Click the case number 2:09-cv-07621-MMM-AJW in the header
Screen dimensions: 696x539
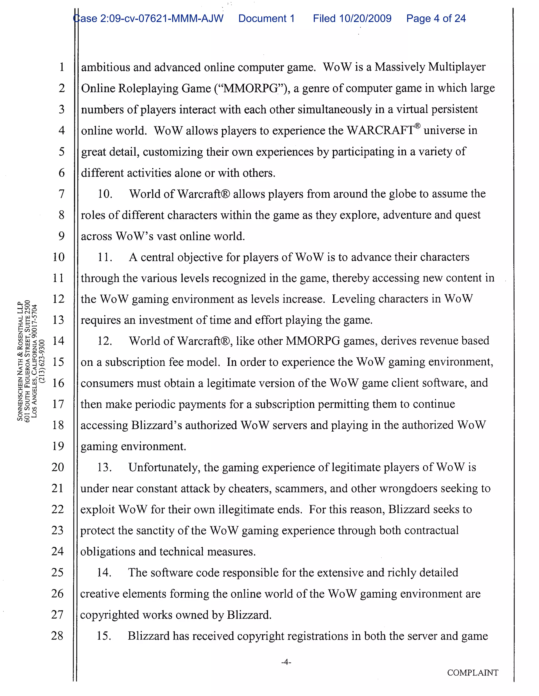coord(148,18)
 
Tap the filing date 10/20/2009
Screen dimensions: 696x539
coord(365,18)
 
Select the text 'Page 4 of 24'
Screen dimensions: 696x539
coord(436,18)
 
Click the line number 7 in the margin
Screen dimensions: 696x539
coord(62,194)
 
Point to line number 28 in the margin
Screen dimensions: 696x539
coord(57,636)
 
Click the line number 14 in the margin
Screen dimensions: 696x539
coord(58,341)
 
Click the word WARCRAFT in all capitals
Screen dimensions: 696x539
coord(380,130)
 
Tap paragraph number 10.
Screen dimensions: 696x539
coord(105,194)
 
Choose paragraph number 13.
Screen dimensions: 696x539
coord(104,467)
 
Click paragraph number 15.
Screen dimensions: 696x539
coord(104,636)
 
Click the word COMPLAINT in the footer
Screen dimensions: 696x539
coord(473,673)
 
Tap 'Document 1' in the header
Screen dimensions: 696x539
coord(266,18)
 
